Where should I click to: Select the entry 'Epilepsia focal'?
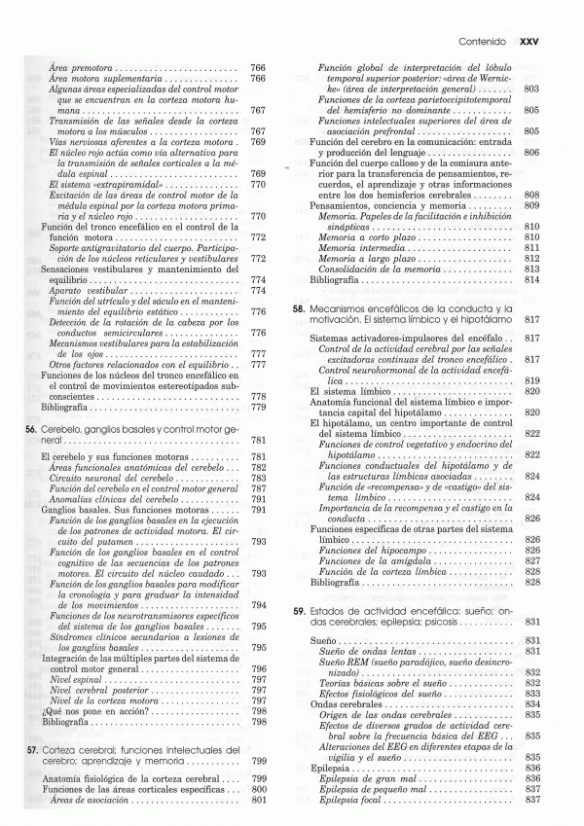pyautogui.click(x=352, y=800)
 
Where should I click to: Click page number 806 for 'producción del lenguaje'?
pyautogui.click(x=531, y=153)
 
